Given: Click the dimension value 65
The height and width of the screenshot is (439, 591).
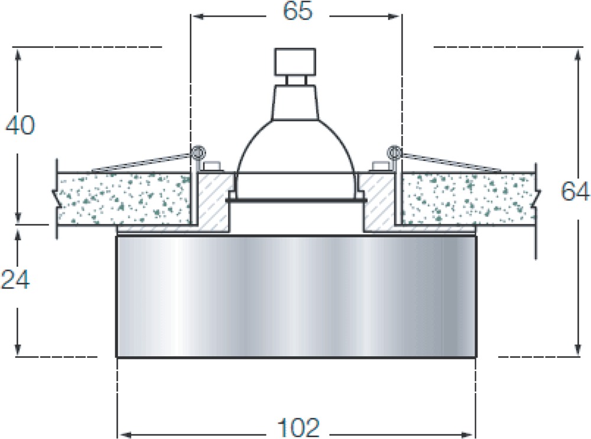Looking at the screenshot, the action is click(298, 11).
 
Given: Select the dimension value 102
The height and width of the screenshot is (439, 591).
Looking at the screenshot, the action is click(298, 428).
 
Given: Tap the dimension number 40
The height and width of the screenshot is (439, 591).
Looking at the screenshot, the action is click(20, 125).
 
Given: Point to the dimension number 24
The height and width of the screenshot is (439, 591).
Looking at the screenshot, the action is click(15, 280).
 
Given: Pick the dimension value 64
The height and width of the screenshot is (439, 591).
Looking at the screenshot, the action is click(575, 191).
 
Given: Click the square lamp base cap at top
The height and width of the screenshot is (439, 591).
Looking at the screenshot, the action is click(295, 62).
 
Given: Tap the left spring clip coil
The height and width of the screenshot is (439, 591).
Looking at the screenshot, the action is click(198, 153).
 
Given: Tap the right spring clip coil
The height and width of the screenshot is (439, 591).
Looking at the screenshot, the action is click(394, 153).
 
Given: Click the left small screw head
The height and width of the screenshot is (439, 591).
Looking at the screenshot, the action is click(212, 166).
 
